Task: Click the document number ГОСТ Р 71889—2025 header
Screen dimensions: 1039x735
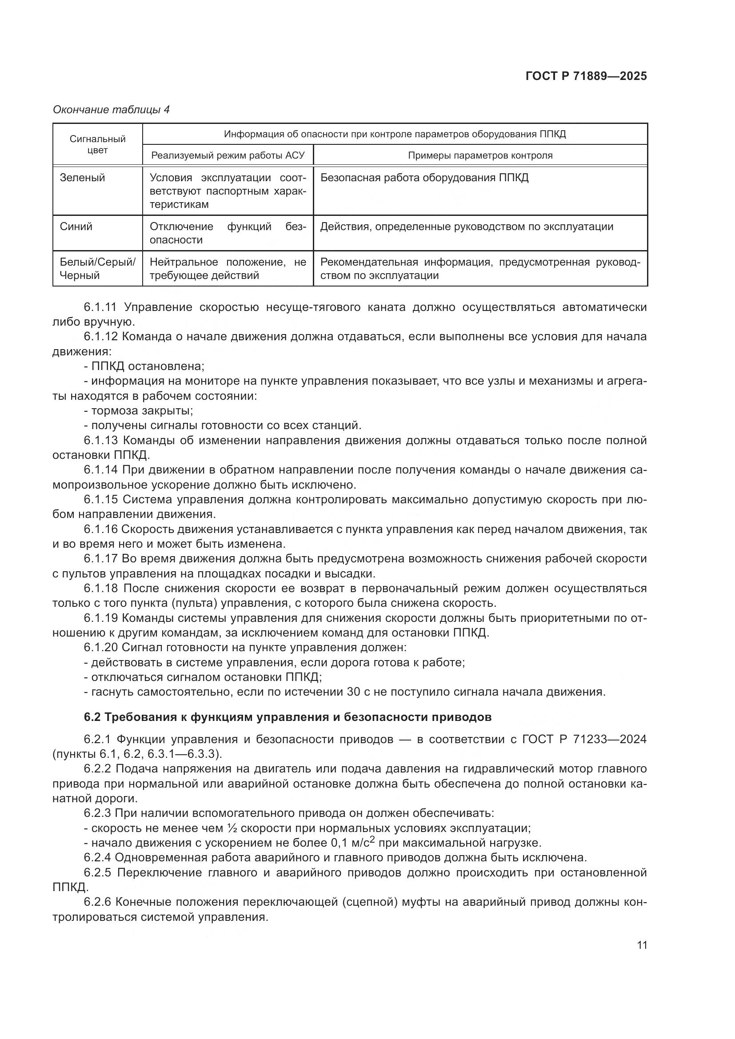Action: coord(586,76)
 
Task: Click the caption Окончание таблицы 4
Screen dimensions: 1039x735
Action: coord(111,110)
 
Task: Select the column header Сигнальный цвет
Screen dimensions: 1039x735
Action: coord(97,144)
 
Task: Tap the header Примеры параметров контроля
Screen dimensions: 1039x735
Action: coord(480,155)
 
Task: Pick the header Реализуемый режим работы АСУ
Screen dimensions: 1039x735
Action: coord(228,155)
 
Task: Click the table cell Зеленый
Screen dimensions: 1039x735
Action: coord(82,178)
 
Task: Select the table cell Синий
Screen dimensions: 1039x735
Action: coord(76,227)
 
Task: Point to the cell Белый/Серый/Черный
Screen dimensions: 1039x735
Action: coord(97,268)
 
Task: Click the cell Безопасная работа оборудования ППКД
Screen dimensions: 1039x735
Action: coord(424,178)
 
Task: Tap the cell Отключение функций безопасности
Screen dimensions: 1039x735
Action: coord(228,233)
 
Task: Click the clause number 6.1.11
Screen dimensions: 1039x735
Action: coord(100,307)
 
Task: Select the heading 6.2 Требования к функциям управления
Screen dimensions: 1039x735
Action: coord(288,717)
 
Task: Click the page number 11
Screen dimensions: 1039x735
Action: coord(641,945)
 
